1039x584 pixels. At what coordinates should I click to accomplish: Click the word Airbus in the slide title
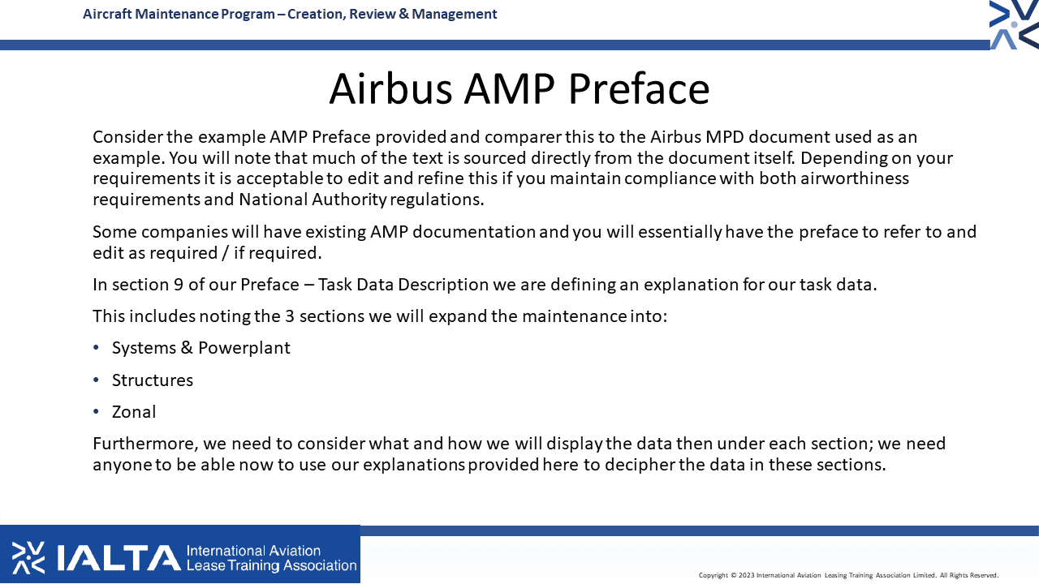pyautogui.click(x=390, y=88)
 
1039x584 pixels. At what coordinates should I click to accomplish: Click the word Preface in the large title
pyautogui.click(x=639, y=88)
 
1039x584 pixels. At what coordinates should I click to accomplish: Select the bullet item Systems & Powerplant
pyautogui.click(x=200, y=348)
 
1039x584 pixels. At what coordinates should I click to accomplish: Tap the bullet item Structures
pyautogui.click(x=152, y=380)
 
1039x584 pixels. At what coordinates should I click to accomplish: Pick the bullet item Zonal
pyautogui.click(x=134, y=411)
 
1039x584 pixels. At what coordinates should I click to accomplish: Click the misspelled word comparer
pyautogui.click(x=524, y=138)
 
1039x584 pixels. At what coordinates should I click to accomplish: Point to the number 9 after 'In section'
pyautogui.click(x=179, y=285)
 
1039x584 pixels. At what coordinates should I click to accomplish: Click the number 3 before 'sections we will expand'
pyautogui.click(x=290, y=316)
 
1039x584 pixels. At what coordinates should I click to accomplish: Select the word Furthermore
pyautogui.click(x=145, y=444)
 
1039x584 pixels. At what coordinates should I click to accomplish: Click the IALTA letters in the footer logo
pyautogui.click(x=119, y=557)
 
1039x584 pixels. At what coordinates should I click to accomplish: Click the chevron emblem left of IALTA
pyautogui.click(x=28, y=557)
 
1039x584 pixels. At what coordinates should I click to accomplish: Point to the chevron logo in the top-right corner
pyautogui.click(x=1014, y=24)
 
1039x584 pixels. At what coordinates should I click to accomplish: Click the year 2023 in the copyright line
pyautogui.click(x=746, y=575)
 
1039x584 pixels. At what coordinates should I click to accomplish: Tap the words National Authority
pyautogui.click(x=313, y=200)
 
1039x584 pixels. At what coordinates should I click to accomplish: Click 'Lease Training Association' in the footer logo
pyautogui.click(x=271, y=565)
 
